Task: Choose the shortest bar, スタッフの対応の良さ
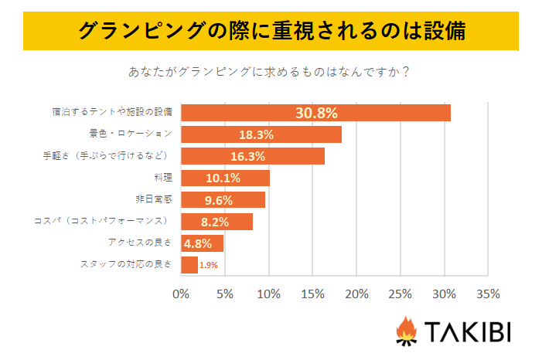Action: [189, 265]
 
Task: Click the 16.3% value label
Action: [247, 156]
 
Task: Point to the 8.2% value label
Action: [214, 222]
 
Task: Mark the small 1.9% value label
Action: [208, 266]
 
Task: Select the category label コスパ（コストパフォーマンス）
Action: [104, 221]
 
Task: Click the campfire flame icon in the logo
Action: [405, 331]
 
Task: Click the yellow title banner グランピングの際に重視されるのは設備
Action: [271, 32]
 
